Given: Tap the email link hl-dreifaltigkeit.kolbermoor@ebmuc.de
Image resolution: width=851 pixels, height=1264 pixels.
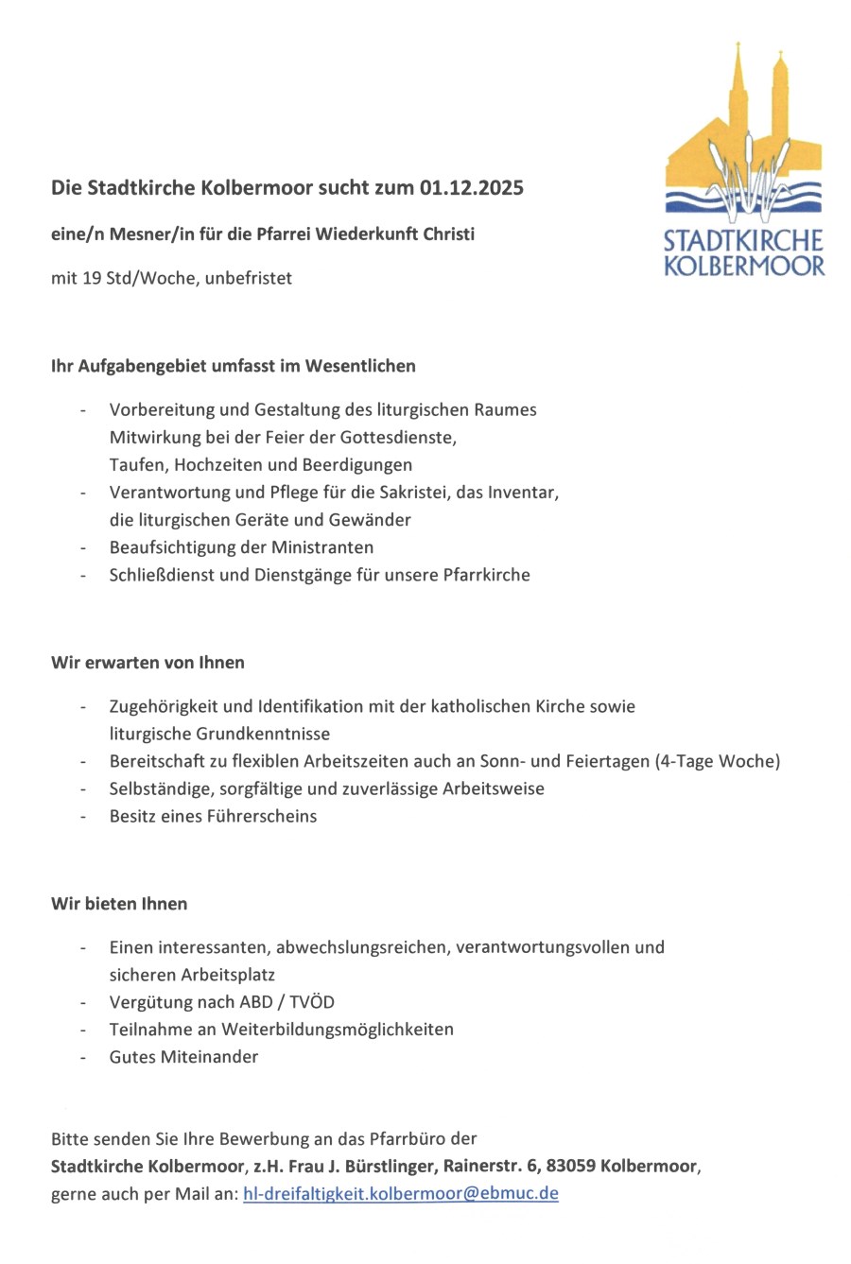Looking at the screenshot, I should [400, 1193].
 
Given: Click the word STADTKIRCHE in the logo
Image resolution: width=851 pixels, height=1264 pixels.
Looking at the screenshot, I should [744, 242].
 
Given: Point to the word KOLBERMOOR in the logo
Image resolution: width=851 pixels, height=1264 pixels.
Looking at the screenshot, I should [744, 266].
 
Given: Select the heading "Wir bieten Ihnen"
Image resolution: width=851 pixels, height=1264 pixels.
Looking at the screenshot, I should [119, 904].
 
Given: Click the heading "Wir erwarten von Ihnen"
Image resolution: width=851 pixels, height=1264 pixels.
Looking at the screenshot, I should [148, 663].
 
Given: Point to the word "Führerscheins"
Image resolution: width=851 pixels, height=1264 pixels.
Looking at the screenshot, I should [262, 816].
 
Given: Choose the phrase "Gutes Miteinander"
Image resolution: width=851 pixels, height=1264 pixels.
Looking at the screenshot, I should [183, 1057].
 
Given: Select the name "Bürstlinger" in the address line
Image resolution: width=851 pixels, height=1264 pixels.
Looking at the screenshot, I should [390, 1166].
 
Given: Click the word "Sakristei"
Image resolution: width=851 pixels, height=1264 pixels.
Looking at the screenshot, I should [417, 493].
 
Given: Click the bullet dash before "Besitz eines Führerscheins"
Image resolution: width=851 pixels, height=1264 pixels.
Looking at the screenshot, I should [84, 816].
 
